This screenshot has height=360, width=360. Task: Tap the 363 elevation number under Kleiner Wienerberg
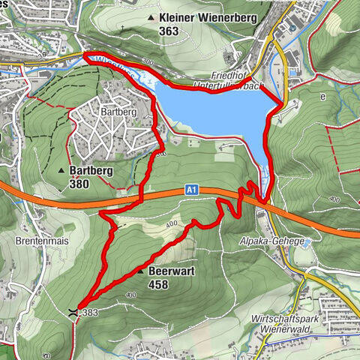click(169, 31)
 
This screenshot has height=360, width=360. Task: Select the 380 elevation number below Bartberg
click(78, 184)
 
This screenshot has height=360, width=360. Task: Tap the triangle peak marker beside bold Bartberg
click(61, 171)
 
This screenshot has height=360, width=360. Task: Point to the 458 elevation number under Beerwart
click(159, 284)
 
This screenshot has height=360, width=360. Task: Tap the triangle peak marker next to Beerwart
click(141, 271)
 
